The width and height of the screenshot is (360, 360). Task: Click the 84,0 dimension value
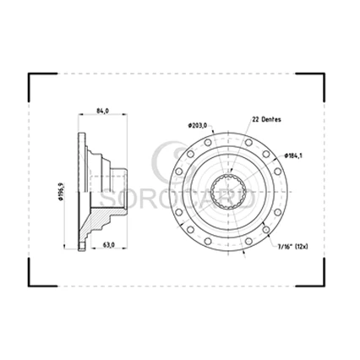[x=102, y=111]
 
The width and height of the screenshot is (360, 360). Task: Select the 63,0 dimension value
[x=108, y=245]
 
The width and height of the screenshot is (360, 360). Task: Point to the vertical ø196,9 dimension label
[x=61, y=192]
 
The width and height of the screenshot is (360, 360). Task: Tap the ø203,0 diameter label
[x=198, y=125]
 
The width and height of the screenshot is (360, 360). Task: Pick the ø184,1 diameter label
[x=293, y=155]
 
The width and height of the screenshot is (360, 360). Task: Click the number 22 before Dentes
[x=255, y=119]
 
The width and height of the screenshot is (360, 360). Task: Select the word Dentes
[x=271, y=119]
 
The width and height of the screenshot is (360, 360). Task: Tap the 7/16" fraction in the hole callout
[x=285, y=247]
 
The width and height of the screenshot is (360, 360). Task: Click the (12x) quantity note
[x=301, y=247]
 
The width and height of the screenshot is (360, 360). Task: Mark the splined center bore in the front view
[x=228, y=192]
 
